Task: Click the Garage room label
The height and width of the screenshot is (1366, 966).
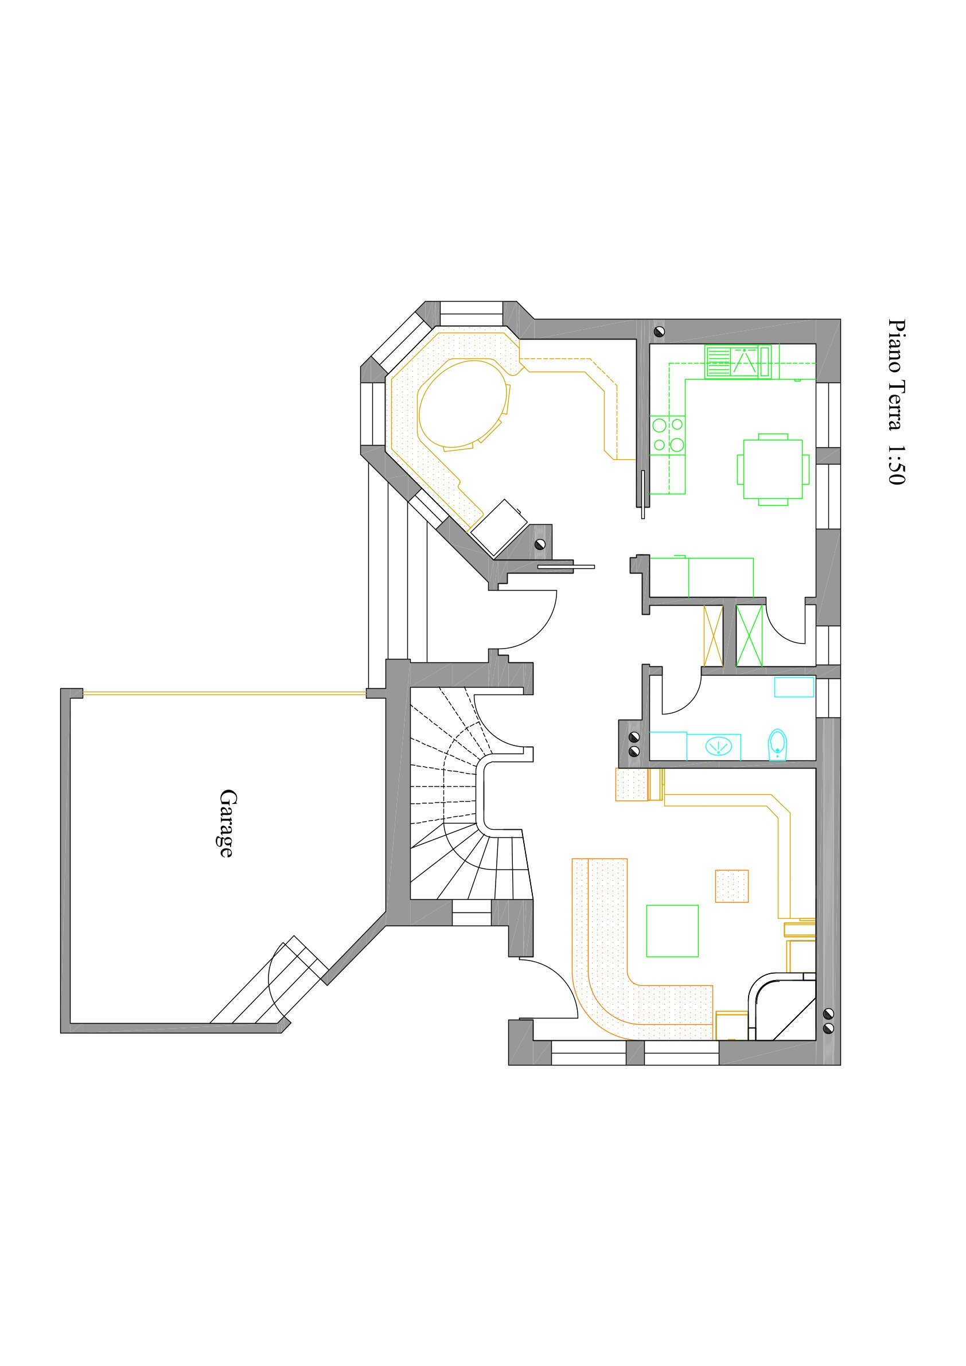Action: [225, 823]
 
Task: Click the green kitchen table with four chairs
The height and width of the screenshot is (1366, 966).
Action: [773, 470]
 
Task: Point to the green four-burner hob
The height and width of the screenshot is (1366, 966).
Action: [668, 434]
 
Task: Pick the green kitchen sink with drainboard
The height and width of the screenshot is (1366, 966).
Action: [738, 361]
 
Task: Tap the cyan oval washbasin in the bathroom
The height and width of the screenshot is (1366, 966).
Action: [719, 746]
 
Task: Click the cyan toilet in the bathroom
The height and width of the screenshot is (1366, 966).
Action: [778, 745]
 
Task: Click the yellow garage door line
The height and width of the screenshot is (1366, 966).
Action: [224, 693]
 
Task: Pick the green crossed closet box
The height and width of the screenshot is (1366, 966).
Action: [749, 635]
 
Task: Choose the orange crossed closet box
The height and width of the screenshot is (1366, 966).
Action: [712, 635]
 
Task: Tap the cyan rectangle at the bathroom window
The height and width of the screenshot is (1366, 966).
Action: [794, 686]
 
